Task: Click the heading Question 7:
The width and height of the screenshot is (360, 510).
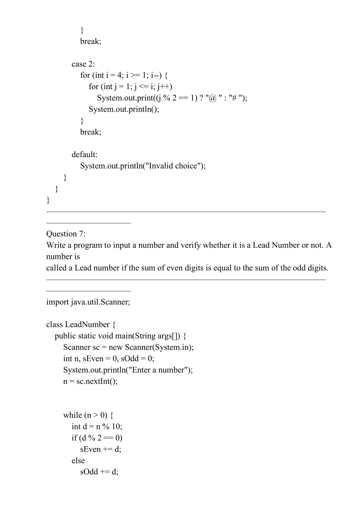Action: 66,234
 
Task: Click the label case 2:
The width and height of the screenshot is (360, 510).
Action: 83,64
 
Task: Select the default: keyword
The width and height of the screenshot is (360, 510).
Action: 84,155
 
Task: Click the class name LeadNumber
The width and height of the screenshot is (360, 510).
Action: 87,325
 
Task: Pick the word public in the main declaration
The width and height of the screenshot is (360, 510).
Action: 65,336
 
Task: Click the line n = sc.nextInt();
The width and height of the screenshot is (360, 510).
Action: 90,381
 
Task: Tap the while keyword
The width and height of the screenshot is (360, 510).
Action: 72,415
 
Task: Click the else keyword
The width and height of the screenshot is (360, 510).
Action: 78,461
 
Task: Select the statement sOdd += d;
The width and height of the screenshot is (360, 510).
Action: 99,472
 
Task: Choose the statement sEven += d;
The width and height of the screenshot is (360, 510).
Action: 101,449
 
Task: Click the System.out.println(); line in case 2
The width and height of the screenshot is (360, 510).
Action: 124,109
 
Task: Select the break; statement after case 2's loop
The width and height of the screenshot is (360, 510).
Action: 90,132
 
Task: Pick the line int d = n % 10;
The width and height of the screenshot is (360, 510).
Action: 97,427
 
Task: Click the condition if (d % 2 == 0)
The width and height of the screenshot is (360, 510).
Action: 97,438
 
